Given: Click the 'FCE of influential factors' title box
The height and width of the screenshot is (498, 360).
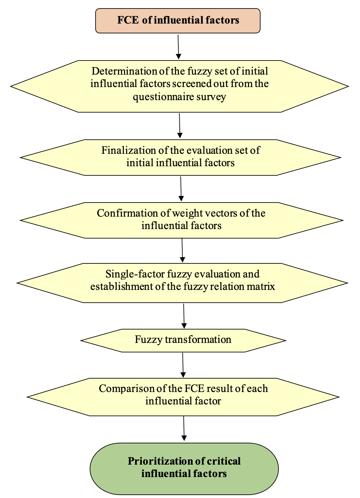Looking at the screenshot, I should [178, 21].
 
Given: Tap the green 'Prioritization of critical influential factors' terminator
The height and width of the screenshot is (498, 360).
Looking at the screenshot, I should [184, 468].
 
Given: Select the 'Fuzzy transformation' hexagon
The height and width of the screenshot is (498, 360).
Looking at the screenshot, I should [183, 340].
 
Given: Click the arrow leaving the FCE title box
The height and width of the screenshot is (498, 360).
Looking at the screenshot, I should [178, 46].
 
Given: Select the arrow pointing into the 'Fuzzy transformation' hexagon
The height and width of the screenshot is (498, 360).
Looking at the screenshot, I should [184, 316].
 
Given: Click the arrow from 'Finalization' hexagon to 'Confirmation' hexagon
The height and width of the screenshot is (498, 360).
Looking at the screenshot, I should [181, 188].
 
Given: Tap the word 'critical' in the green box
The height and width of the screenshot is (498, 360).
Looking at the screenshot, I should [224, 461].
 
